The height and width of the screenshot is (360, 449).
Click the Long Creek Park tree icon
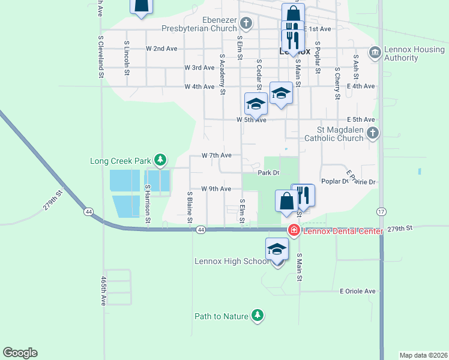(x=160, y=160)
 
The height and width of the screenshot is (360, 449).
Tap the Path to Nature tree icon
(x=258, y=316)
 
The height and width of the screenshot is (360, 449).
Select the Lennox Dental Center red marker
(x=294, y=230)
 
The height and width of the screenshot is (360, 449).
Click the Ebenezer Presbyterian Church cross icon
(x=246, y=24)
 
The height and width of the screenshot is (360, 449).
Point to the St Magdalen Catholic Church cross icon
(x=373, y=133)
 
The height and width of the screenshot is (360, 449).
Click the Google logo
(x=20, y=353)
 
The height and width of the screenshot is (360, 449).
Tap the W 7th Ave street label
(x=216, y=155)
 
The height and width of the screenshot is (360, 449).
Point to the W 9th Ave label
(x=216, y=189)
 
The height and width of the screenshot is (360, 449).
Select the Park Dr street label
(x=268, y=173)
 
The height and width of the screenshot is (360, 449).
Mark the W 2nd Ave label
(x=161, y=49)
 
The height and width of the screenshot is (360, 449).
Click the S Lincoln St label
(x=127, y=58)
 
